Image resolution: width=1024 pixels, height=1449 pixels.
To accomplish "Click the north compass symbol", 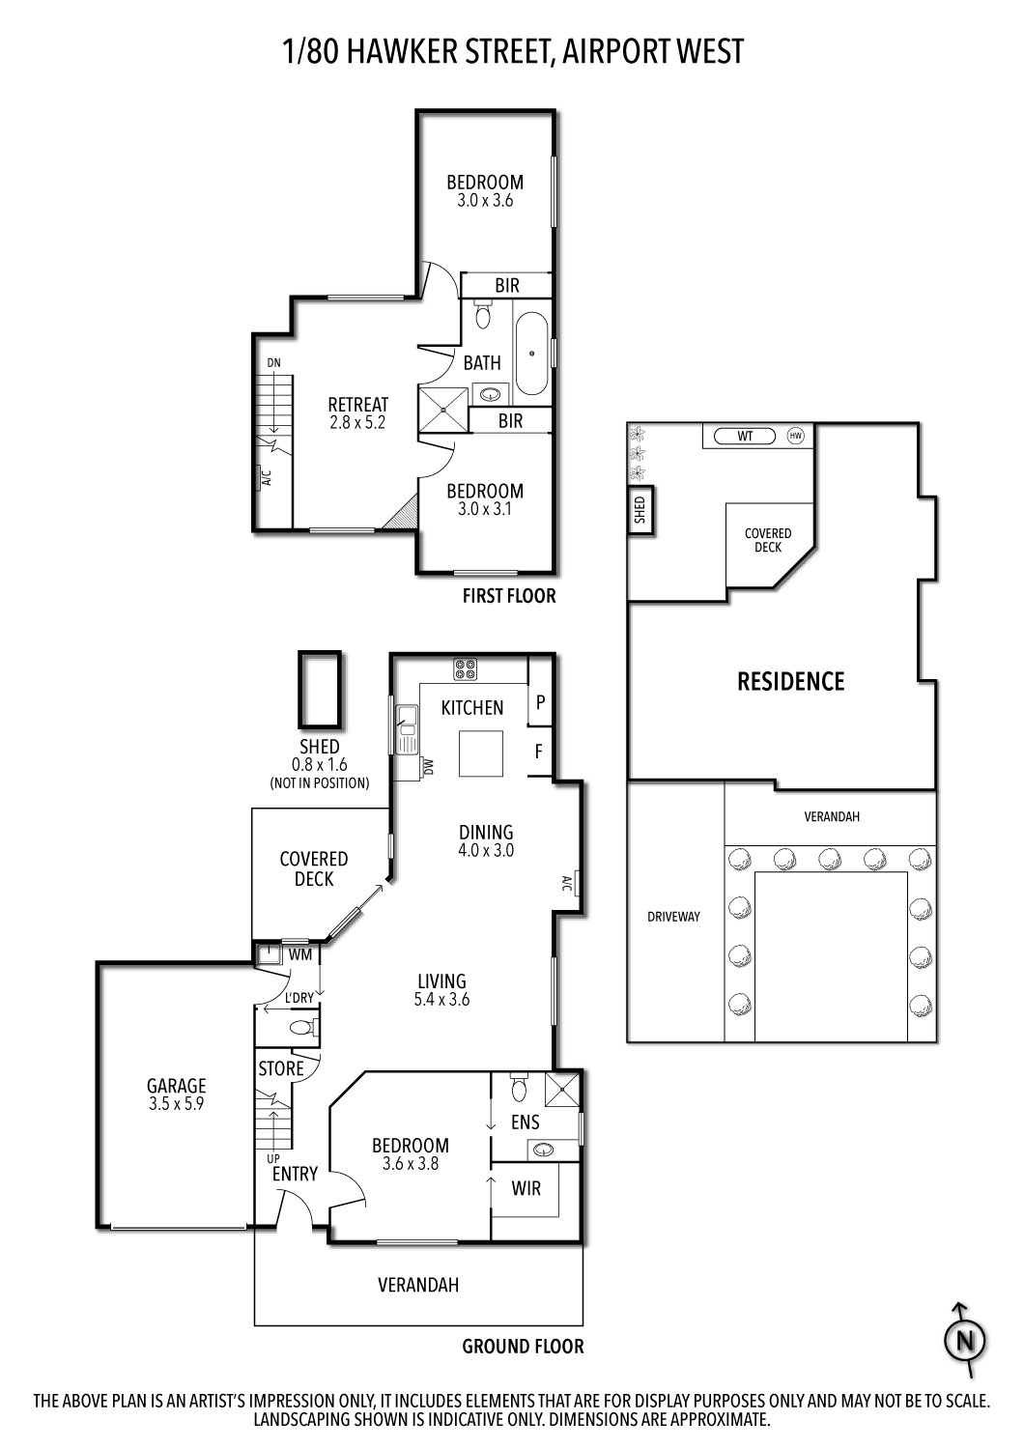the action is click(964, 1340).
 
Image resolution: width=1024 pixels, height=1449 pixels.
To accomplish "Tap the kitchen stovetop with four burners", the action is click(465, 668).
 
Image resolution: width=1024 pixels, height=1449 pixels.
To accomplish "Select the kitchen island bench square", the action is click(481, 753).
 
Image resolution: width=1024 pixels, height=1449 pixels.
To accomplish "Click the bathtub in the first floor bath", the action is click(531, 354).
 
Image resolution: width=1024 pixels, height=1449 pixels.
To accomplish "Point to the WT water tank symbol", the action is click(745, 436).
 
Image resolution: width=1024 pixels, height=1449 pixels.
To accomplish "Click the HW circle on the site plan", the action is click(795, 436).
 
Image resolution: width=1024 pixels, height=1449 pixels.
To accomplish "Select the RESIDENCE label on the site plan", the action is click(790, 681).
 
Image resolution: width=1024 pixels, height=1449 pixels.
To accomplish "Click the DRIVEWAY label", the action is click(673, 916).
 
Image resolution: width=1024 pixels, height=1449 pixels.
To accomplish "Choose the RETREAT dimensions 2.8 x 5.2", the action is click(357, 422).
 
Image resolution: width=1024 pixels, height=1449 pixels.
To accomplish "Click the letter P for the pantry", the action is click(540, 702).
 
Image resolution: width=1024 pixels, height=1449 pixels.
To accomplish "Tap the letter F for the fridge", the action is click(538, 751).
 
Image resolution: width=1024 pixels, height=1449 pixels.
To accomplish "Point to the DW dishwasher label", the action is click(428, 767).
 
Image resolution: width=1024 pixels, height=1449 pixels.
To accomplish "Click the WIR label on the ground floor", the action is click(526, 1187).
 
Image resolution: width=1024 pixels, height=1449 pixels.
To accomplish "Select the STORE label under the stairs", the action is click(281, 1068).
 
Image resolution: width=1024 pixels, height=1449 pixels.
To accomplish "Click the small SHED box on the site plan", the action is click(640, 510).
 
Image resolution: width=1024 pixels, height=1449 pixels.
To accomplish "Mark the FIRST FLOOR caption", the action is click(509, 596).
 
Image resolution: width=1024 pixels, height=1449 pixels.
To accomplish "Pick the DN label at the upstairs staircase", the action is click(273, 363).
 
